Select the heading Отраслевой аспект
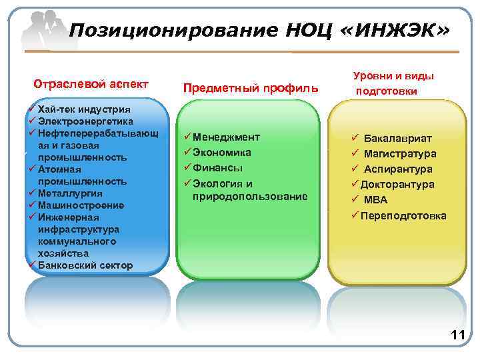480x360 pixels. (91, 85)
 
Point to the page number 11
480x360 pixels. (457, 335)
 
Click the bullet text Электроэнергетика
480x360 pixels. (86, 121)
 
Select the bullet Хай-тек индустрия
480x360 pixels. (84, 109)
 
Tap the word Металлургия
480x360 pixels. (71, 193)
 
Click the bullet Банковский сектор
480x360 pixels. (85, 265)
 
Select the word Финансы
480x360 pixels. (217, 168)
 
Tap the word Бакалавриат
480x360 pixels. (397, 139)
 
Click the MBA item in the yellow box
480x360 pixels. (375, 200)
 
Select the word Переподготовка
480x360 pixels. (403, 215)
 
